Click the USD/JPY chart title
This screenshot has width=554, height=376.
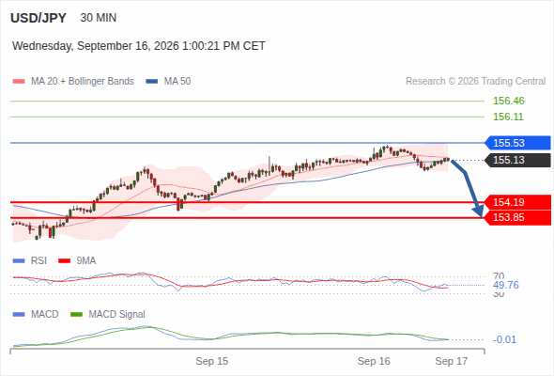38,18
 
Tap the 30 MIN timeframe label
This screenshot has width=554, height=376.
99,18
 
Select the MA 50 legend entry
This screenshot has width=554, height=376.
168,82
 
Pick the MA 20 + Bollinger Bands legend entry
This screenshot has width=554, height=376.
73,82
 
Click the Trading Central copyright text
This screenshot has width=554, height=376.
475,82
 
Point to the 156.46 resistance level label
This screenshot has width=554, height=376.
508,101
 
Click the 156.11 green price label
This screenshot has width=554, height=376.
508,117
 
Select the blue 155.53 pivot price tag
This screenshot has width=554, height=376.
517,143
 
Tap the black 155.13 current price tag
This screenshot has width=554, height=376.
517,160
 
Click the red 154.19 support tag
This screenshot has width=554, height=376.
517,202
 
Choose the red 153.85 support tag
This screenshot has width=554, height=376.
517,217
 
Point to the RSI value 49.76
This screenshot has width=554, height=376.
505,285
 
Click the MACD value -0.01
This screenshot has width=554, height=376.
504,339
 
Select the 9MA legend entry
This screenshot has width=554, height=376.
77,261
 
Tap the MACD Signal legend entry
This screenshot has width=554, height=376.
107,315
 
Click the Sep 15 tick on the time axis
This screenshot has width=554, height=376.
212,361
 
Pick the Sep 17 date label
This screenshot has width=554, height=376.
452,361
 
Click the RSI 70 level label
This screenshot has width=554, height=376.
499,276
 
